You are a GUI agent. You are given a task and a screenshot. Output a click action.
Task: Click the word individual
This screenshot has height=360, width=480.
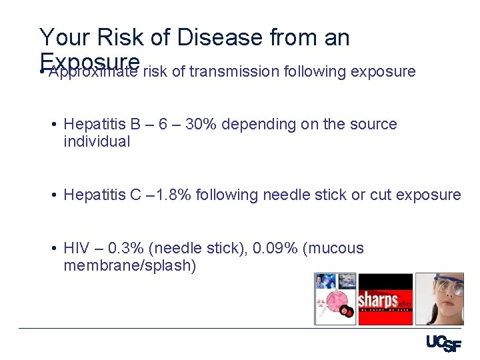pyautogui.click(x=97, y=141)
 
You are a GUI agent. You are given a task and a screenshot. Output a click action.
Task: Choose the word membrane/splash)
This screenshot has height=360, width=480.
pyautogui.click(x=129, y=265)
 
